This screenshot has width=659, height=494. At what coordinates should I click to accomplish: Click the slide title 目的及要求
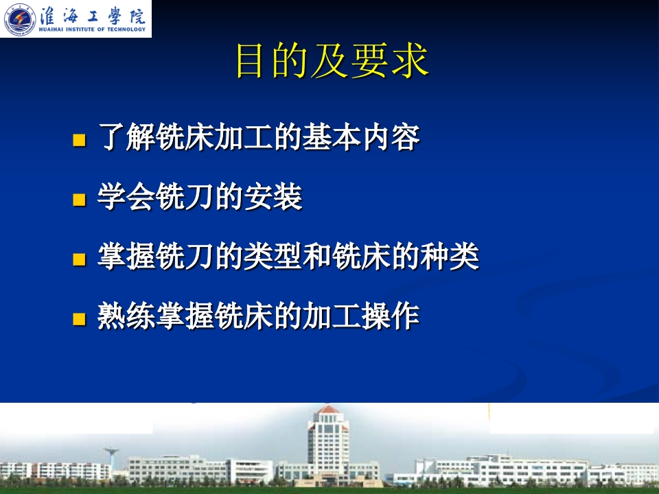pyautogui.click(x=332, y=61)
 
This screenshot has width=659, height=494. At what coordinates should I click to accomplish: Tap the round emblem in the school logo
pyautogui.click(x=19, y=19)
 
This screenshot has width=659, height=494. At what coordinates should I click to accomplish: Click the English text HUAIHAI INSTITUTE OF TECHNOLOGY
pyautogui.click(x=92, y=30)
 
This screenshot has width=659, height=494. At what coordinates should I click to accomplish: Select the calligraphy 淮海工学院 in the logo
pyautogui.click(x=93, y=16)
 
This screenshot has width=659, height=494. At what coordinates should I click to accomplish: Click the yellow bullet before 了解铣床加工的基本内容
pyautogui.click(x=79, y=140)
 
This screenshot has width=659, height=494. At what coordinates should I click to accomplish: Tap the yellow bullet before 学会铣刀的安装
pyautogui.click(x=79, y=200)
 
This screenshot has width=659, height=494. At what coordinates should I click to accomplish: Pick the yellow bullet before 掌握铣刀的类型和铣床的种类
pyautogui.click(x=79, y=259)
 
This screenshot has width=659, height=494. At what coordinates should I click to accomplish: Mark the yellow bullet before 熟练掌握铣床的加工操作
pyautogui.click(x=79, y=319)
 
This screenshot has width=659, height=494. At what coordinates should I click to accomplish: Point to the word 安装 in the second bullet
pyautogui.click(x=273, y=197)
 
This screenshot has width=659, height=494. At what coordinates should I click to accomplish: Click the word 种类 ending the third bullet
pyautogui.click(x=450, y=256)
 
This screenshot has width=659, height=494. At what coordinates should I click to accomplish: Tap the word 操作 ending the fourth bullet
pyautogui.click(x=391, y=316)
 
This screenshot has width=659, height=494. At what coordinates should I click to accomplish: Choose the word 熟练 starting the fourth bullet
pyautogui.click(x=126, y=316)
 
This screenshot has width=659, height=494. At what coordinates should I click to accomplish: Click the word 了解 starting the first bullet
pyautogui.click(x=126, y=137)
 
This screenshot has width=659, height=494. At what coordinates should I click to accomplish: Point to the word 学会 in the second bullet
pyautogui.click(x=126, y=197)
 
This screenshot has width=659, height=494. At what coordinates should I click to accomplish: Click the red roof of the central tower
pyautogui.click(x=328, y=410)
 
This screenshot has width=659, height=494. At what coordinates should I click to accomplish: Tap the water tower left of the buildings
pyautogui.click(x=111, y=458)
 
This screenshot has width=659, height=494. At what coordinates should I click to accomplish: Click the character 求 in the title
pyautogui.click(x=410, y=61)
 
